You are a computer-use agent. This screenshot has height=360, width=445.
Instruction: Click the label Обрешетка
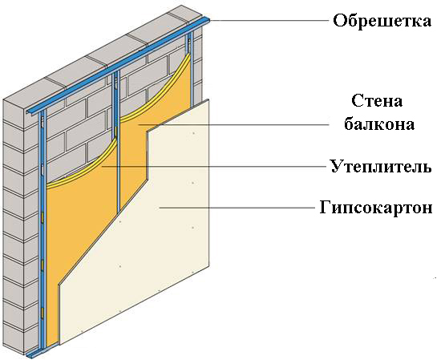(382, 20)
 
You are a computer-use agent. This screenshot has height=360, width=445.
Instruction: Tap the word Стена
(377, 100)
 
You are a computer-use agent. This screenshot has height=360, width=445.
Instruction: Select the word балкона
(379, 124)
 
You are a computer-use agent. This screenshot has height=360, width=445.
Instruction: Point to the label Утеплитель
(381, 166)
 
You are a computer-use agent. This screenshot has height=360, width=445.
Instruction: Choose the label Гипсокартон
(376, 208)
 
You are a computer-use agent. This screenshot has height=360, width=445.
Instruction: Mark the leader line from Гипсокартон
(237, 208)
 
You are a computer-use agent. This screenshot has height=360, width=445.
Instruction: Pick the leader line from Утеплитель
(214, 167)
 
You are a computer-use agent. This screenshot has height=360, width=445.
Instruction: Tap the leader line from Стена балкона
(233, 124)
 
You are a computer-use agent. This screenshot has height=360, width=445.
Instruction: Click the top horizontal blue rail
(119, 66)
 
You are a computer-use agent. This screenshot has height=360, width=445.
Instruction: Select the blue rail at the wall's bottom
(42, 351)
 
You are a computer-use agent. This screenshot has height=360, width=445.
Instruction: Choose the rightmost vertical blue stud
(191, 70)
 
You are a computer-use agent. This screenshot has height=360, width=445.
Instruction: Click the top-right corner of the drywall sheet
(209, 99)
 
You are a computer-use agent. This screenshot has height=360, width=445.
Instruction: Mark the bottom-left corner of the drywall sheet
(59, 345)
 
